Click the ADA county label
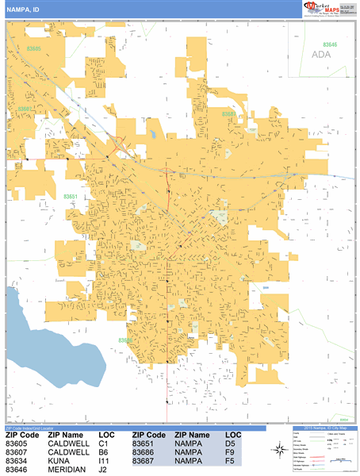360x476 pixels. (320, 54)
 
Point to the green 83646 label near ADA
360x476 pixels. (329, 45)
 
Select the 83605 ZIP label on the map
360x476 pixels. (33, 48)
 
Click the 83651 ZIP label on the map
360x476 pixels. (71, 195)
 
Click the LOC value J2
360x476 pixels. (103, 470)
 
